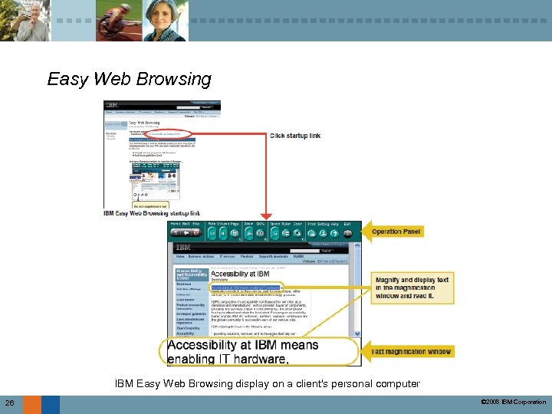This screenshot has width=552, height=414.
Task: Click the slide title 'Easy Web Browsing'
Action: pos(129,79)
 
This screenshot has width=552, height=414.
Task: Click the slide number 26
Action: pos(9,403)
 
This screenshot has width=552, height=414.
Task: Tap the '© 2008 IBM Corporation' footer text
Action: pos(511,402)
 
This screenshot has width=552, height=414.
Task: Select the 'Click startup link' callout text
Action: pos(296,136)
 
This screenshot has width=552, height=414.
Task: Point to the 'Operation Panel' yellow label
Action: pos(396,232)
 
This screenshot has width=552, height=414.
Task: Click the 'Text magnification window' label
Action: pos(412,351)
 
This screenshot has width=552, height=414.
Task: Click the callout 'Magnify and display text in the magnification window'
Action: pos(412,287)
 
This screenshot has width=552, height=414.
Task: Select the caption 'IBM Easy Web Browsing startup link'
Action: pos(152,213)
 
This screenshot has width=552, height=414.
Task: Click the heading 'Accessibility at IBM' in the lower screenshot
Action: pos(240,274)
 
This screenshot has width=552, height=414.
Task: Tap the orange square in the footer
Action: pos(31,404)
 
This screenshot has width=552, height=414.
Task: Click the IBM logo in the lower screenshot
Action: pos(183,248)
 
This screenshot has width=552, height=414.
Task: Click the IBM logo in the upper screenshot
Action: pos(112,105)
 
